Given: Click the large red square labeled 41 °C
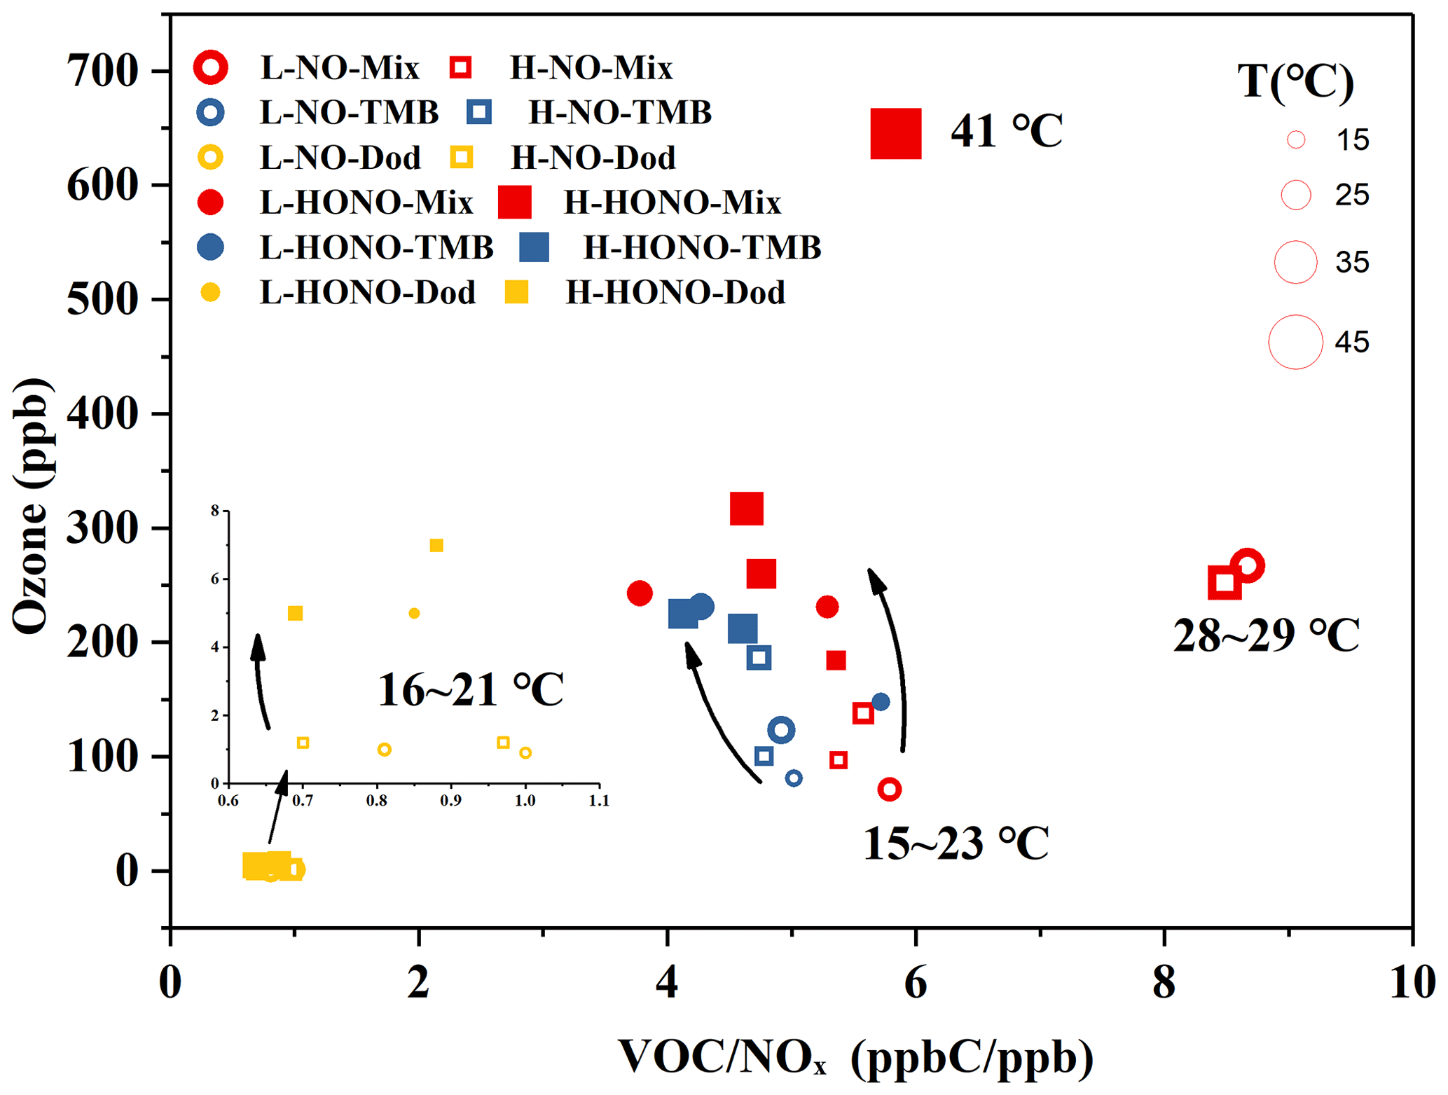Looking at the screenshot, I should pos(895,133).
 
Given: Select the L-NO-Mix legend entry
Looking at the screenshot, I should pos(340,68).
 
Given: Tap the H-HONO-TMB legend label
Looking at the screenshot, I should pos(702,248).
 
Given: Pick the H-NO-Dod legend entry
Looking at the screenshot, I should pos(593,158).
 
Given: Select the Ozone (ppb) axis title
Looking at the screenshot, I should pos(32,506).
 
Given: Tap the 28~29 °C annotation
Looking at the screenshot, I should pos(1266,635).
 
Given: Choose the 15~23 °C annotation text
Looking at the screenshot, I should pos(956,843).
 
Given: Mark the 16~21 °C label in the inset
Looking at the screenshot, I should pos(470,690).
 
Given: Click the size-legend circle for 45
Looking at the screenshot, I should pos(1295,342).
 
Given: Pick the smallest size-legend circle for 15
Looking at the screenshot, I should pos(1296,140).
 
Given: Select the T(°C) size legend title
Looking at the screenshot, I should pos(1295,82).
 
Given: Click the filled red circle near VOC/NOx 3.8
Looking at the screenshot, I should pos(640,593).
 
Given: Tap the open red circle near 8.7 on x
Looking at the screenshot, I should pos(1247,566).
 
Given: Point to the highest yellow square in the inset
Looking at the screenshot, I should pos(436,546).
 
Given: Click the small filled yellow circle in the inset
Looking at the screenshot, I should pos(414,614).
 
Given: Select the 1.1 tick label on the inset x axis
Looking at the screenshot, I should pos(599,801).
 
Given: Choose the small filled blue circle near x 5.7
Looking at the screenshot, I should pos(881,702).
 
